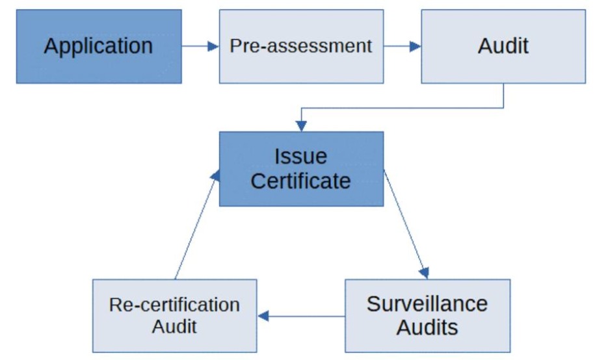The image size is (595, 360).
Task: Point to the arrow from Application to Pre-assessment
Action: (x=200, y=46)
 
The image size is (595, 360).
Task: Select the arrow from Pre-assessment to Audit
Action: (x=402, y=46)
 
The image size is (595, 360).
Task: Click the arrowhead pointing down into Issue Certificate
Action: (x=301, y=125)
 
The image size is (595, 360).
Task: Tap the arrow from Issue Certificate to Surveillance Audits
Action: (x=406, y=224)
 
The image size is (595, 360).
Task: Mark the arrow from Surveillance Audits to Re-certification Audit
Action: (x=301, y=316)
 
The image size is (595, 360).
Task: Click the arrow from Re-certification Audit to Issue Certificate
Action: (x=195, y=224)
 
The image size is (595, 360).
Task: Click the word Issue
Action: (x=300, y=157)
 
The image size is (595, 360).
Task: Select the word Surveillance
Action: (x=427, y=303)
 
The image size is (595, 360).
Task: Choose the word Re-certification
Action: (x=174, y=304)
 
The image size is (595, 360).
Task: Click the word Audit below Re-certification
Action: (x=174, y=326)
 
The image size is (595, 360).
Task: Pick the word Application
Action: (x=98, y=46)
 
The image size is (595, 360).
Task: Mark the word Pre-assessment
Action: (x=301, y=46)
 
